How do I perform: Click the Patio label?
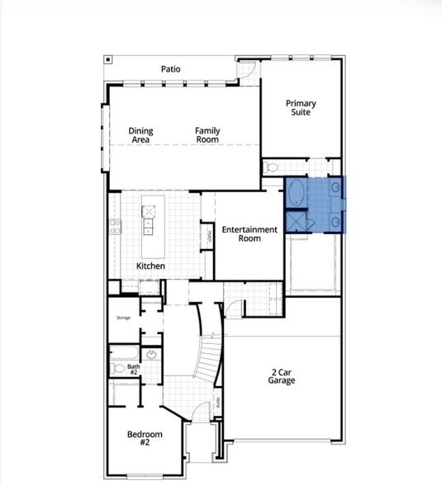171,69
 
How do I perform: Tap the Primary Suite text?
301,107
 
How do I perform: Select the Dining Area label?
140,134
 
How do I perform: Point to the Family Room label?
207,134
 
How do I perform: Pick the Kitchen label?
150,266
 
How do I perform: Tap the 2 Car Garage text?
281,377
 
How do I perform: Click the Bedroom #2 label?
144,438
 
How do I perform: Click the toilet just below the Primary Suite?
273,167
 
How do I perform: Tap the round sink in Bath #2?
151,356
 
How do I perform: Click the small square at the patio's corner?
107,59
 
